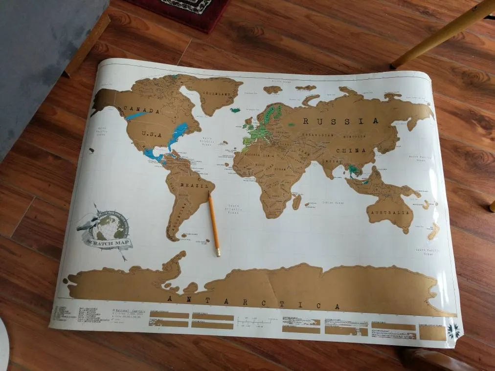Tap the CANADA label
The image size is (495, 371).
[141, 110]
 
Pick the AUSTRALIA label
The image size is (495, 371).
[390, 213]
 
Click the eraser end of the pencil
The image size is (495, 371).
[210, 194]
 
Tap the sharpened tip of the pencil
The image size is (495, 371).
[218, 255]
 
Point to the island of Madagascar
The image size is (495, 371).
[297, 201]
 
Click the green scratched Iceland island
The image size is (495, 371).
[236, 110]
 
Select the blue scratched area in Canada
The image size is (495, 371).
[136, 116]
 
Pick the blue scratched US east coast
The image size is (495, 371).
[178, 134]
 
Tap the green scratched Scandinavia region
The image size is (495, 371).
[272, 113]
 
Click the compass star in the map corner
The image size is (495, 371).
[453, 331]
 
